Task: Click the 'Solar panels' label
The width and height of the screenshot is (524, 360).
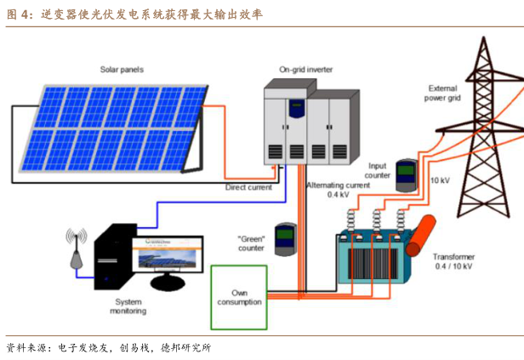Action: [122, 68]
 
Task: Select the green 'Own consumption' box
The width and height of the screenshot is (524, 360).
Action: [236, 297]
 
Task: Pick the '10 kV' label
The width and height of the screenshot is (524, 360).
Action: [440, 180]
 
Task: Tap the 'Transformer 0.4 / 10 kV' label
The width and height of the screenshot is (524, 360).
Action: [453, 262]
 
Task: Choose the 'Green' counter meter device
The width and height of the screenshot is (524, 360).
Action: [284, 241]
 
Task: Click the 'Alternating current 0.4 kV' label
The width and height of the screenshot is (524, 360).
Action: [339, 189]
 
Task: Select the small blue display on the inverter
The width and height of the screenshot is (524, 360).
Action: [297, 109]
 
